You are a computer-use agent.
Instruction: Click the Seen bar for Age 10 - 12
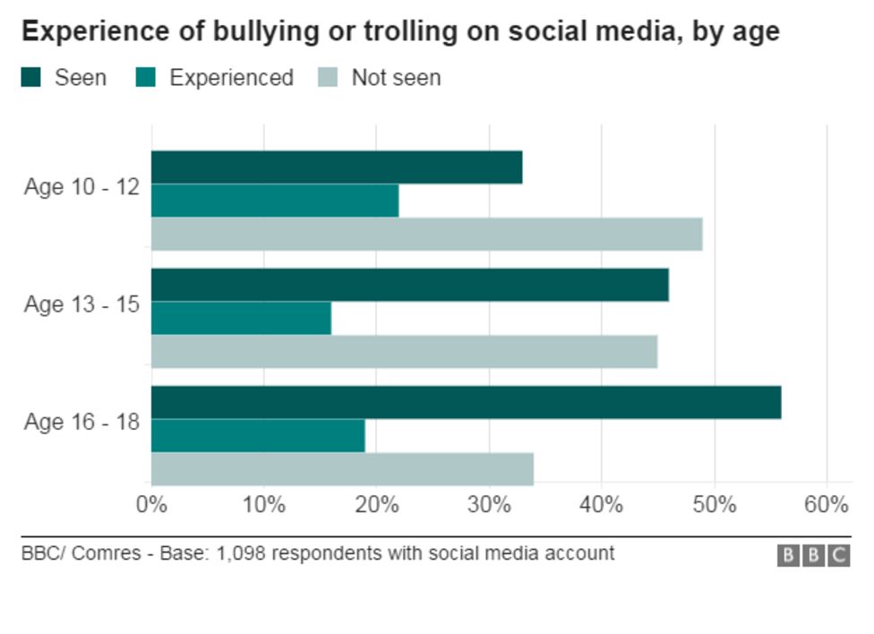[x=336, y=167]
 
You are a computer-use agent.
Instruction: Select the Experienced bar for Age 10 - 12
[x=274, y=201]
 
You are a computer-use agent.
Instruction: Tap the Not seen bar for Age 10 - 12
[x=426, y=234]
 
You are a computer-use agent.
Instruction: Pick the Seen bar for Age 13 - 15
[x=409, y=285]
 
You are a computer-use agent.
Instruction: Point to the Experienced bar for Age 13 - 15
[x=241, y=318]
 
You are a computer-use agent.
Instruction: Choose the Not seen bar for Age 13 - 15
[x=404, y=351]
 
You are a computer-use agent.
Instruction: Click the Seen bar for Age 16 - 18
[x=466, y=402]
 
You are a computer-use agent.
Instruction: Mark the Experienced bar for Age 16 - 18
[x=258, y=435]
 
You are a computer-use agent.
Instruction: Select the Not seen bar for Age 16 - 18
[x=342, y=468]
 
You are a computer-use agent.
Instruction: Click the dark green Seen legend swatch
[x=31, y=78]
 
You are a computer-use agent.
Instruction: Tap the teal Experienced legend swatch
[x=146, y=78]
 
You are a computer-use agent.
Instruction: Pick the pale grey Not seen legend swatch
[x=328, y=78]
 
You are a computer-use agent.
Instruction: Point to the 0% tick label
[x=151, y=505]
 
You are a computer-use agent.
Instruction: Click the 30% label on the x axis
[x=489, y=505]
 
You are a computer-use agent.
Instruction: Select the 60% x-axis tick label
[x=826, y=505]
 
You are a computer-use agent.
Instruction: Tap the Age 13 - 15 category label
[x=81, y=304]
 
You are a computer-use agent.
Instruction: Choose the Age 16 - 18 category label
[x=81, y=422]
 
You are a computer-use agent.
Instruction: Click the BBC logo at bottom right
[x=813, y=556]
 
